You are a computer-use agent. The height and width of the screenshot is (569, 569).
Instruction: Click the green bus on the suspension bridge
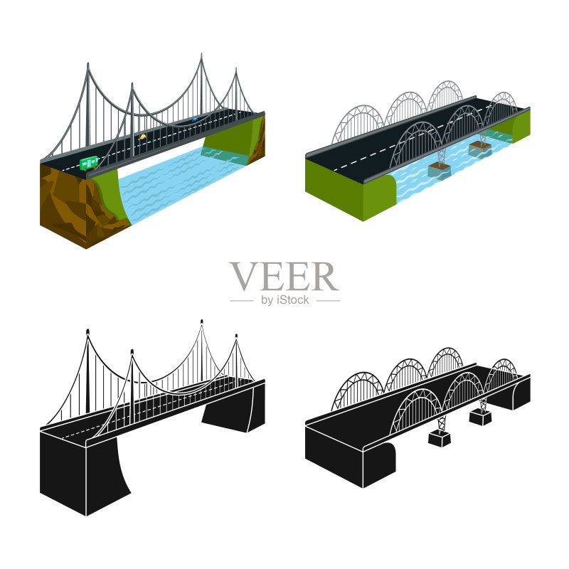89,163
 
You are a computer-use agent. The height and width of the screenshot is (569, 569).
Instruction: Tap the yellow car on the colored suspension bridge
142,137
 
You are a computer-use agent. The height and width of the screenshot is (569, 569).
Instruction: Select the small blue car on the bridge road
195,119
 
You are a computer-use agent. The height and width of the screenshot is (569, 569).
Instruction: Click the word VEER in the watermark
284,277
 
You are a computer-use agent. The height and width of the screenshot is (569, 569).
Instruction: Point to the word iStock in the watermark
293,299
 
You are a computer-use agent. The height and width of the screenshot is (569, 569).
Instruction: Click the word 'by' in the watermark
267,300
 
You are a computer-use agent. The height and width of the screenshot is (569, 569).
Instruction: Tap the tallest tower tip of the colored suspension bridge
201,55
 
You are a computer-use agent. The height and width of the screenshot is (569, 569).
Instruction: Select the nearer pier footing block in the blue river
439,171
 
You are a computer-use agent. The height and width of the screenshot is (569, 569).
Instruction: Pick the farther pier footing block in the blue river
480,149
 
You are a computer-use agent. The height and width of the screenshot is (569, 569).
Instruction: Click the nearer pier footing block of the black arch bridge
440,438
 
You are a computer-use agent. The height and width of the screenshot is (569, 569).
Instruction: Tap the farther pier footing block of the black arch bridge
480,417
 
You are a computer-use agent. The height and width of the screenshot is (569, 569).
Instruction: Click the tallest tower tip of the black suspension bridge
202,321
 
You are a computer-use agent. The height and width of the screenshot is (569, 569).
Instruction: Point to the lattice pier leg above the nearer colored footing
442,157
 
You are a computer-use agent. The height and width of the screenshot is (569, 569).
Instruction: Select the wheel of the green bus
85,169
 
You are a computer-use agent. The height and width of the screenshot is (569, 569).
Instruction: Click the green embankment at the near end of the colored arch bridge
349,191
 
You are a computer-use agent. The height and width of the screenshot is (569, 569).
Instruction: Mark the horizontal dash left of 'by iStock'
241,300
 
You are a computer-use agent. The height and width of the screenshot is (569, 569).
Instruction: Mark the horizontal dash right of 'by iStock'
329,300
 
